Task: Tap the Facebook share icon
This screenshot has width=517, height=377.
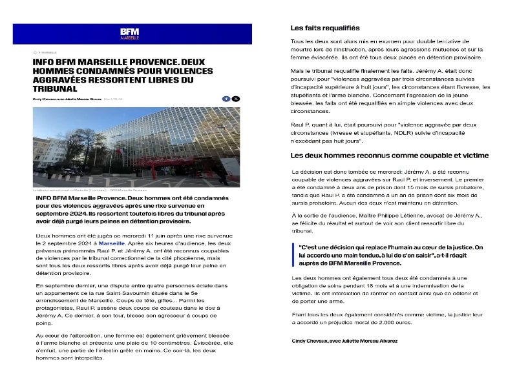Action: (226, 98)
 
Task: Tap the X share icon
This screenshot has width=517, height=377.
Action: (236, 98)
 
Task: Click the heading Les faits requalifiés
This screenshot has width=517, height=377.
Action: (325, 28)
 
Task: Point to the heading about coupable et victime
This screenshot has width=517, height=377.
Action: (390, 156)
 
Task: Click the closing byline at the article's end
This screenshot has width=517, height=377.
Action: (344, 340)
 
